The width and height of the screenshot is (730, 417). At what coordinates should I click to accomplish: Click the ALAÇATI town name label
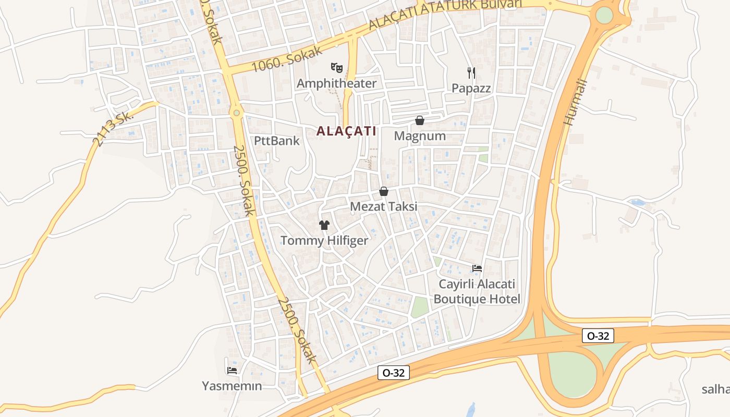click(x=346, y=131)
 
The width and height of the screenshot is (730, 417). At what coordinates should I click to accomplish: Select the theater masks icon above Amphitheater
click(x=337, y=67)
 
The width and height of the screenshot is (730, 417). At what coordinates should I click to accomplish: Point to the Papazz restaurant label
click(x=471, y=88)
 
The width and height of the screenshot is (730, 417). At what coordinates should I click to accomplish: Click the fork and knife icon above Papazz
click(x=471, y=72)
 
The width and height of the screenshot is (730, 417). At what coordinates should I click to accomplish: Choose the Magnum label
click(x=420, y=136)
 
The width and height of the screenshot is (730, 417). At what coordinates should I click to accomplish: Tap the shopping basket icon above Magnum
click(x=420, y=120)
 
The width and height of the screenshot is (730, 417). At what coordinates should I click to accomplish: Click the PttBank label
click(x=277, y=141)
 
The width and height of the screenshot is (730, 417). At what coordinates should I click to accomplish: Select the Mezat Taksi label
click(x=384, y=206)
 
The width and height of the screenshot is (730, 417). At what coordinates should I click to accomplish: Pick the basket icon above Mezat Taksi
click(x=384, y=191)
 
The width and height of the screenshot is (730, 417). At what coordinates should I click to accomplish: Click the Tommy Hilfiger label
click(x=324, y=240)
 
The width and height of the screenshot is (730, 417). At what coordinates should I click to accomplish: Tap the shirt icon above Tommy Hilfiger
click(x=324, y=225)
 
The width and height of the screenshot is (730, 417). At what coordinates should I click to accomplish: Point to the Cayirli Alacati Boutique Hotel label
click(x=477, y=291)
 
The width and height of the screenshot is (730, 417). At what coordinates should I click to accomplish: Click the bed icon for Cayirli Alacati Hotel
click(x=477, y=268)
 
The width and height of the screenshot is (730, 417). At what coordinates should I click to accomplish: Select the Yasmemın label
click(x=232, y=386)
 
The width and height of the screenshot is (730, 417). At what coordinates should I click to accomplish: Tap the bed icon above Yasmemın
click(x=232, y=370)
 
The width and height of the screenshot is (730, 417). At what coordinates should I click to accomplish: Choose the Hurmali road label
click(x=576, y=102)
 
